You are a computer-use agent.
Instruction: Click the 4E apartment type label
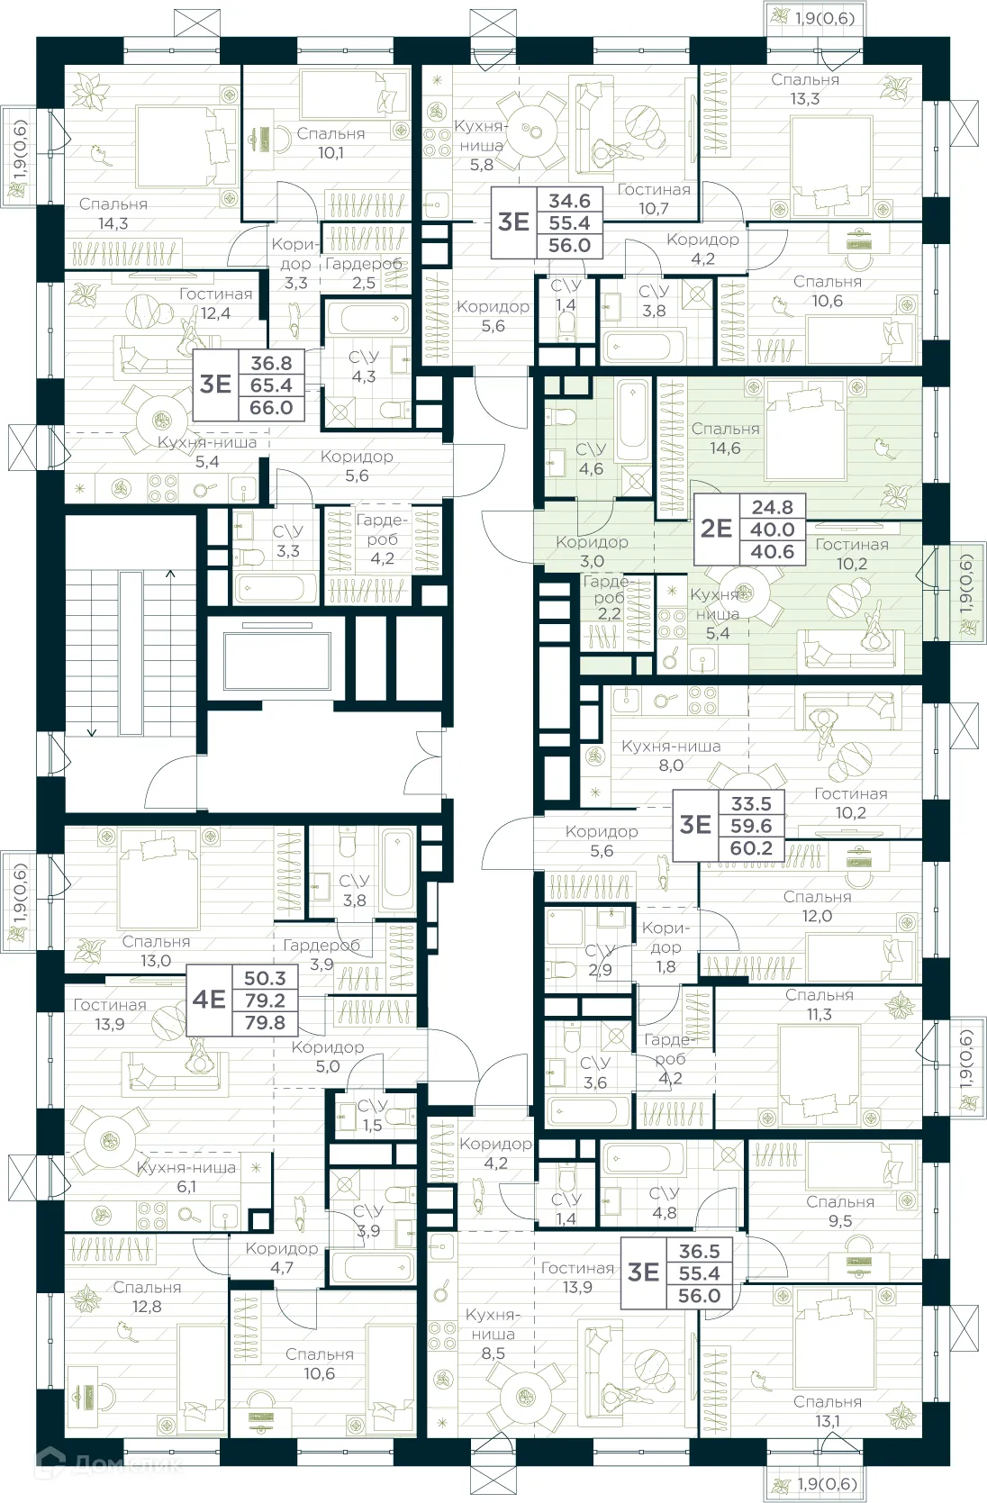tap(209, 1000)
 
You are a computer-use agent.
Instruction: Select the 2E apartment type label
tap(716, 529)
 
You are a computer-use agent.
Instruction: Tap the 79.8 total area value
tap(265, 1022)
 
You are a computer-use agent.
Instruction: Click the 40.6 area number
tap(773, 551)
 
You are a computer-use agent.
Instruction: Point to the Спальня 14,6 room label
tap(725, 438)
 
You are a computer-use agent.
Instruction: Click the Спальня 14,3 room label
tap(113, 213)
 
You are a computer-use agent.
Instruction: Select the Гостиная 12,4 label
tap(215, 303)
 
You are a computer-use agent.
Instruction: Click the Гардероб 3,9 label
tap(321, 955)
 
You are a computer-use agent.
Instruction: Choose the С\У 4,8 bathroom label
tap(665, 1202)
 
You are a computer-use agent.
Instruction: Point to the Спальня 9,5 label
tap(840, 1211)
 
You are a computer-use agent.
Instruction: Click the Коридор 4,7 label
tap(282, 1257)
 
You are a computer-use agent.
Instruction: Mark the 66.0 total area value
tap(271, 407)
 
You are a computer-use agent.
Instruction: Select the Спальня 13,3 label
tap(805, 89)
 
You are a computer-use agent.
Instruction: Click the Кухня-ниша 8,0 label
tap(671, 756)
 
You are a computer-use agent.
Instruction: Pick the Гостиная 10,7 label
tap(654, 199)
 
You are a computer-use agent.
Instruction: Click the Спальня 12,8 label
tap(147, 1296)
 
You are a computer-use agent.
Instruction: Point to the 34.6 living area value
tap(569, 201)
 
